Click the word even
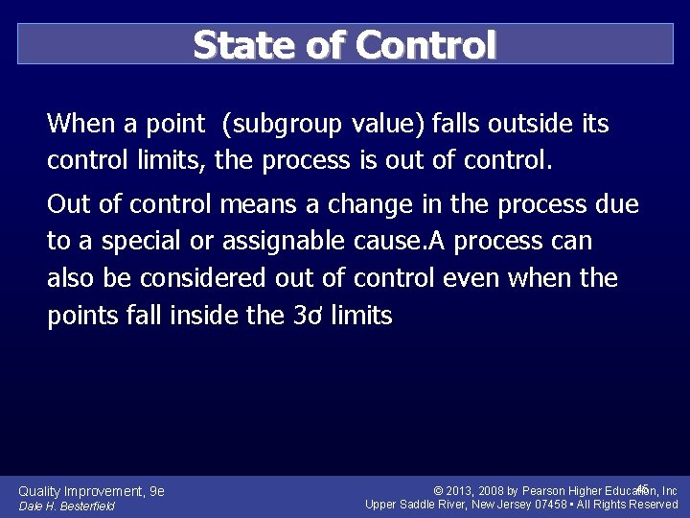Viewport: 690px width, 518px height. pos(460,278)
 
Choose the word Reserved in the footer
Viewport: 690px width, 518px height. pos(654,505)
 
